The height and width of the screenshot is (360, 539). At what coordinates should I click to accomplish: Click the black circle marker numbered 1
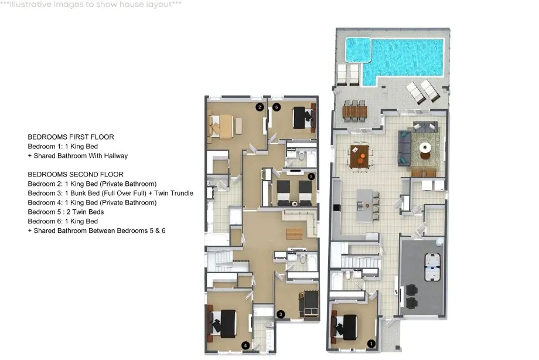coord(371,344)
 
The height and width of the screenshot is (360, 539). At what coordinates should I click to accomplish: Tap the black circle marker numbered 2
coord(260,107)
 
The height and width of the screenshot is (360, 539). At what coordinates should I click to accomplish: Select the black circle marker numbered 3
coord(281,314)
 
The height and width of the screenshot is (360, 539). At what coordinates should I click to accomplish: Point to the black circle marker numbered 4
coord(245,345)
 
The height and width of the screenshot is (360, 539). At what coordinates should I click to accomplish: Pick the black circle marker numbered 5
coord(311,176)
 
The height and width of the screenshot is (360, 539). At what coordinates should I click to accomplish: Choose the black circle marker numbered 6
coord(277,107)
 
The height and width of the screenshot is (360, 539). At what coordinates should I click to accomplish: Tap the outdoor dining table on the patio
coord(355,111)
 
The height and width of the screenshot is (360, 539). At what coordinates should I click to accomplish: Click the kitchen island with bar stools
coord(365,205)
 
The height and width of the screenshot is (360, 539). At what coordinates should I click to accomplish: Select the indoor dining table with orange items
coord(360,156)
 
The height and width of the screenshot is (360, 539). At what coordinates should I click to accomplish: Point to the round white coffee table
coord(425,148)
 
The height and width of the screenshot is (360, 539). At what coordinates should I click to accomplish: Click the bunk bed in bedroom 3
coord(310,303)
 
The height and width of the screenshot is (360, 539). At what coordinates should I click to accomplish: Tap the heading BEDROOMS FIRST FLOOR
coord(71,137)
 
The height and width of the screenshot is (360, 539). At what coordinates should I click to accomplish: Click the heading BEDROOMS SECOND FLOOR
coord(76,175)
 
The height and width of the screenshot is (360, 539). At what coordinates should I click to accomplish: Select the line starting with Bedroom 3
coord(110,193)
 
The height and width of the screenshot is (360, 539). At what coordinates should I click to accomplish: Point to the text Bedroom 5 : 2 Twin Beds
coord(66,212)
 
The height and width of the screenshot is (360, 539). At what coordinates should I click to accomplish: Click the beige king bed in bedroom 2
coord(221,126)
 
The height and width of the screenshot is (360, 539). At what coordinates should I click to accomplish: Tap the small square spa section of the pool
coord(358,50)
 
